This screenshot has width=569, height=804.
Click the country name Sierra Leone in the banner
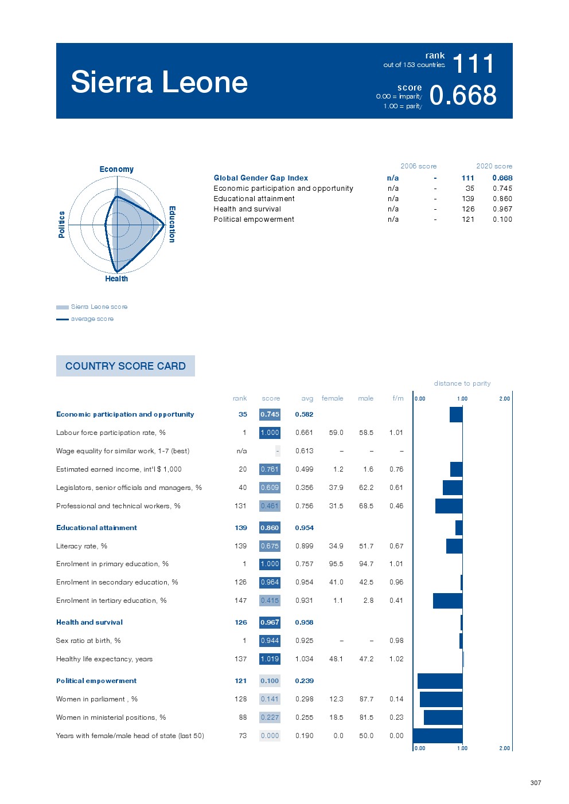[159, 82]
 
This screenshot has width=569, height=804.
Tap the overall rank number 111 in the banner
[473, 64]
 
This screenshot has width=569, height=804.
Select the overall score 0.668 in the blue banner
[463, 95]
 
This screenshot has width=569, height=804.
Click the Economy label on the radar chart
[116, 169]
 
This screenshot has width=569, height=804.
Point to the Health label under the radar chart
[116, 279]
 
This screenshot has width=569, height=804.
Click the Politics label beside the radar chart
[61, 224]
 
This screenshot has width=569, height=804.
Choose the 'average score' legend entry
[92, 319]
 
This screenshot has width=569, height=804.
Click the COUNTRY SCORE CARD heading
[125, 366]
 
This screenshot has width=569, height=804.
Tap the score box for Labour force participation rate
[270, 433]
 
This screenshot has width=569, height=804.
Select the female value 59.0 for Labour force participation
[336, 433]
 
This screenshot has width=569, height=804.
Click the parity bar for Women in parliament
[441, 699]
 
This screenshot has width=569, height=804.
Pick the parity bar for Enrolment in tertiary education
[447, 601]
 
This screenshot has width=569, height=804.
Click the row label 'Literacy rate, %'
[81, 546]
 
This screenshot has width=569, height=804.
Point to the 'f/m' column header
[397, 398]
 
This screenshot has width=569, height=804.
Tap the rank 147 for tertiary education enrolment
[240, 601]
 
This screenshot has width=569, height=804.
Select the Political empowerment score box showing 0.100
[270, 681]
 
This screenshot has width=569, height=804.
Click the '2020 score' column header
[494, 166]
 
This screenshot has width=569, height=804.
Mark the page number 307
[535, 783]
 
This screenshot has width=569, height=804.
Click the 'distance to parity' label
[462, 383]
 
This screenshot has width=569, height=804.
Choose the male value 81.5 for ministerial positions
[366, 717]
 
